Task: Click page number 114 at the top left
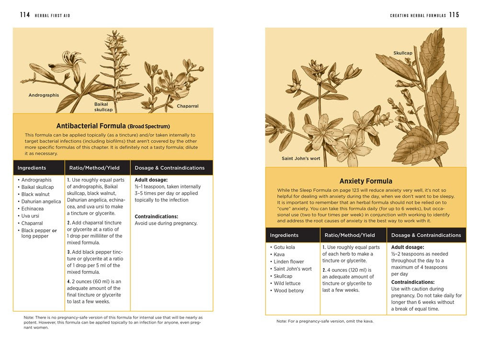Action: tap(25, 15)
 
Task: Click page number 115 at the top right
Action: tap(454, 15)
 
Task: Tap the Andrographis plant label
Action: tap(44, 95)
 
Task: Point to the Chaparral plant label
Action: tap(187, 106)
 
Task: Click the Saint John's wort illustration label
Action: tap(301, 158)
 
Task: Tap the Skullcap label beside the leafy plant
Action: tap(402, 53)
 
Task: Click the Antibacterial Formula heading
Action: tap(113, 126)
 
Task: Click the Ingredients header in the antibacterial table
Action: tap(32, 168)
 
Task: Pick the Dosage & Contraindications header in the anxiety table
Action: tap(426, 235)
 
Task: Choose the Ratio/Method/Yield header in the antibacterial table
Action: tap(97, 168)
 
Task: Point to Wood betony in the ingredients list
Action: tap(288, 290)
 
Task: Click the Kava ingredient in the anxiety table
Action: tap(279, 255)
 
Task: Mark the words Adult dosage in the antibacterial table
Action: tap(151, 180)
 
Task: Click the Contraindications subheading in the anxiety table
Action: tap(413, 282)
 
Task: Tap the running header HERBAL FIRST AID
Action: tap(52, 15)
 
